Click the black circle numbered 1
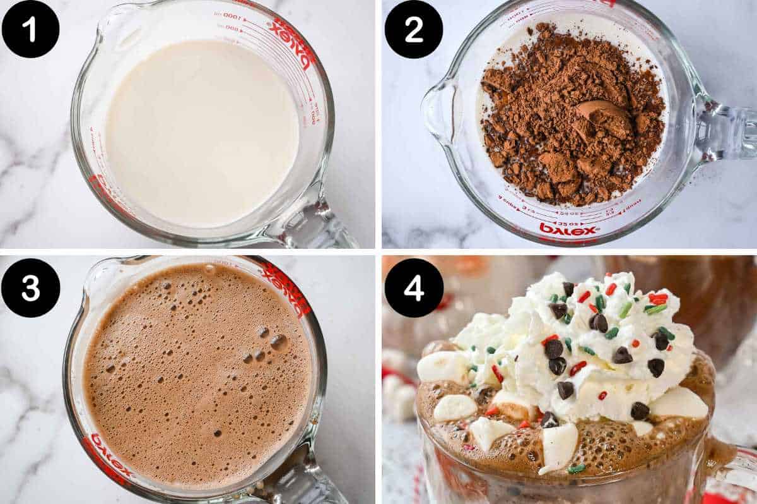click(30, 28)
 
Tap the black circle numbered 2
click(413, 28)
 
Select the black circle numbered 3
click(30, 287)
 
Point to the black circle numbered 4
click(413, 287)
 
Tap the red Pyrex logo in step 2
click(568, 229)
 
